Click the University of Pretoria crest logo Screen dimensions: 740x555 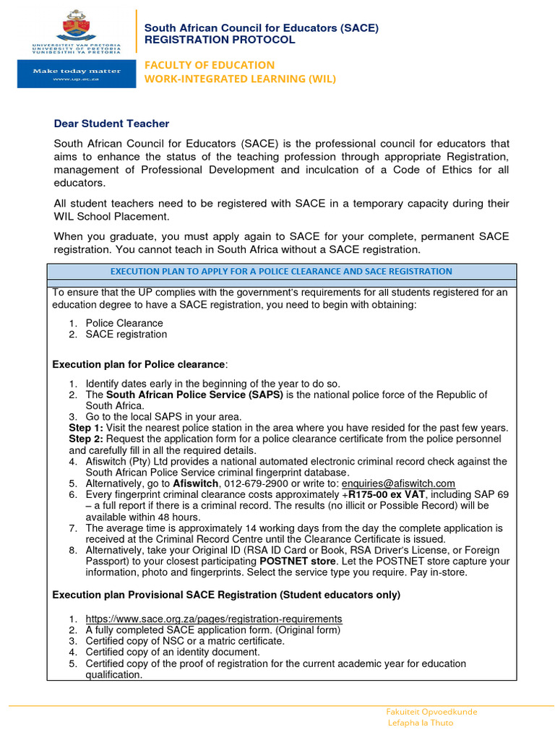(x=76, y=26)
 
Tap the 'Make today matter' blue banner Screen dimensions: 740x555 (x=76, y=74)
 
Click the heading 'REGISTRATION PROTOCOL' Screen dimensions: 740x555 (x=220, y=40)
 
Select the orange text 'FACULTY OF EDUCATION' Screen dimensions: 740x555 (x=210, y=65)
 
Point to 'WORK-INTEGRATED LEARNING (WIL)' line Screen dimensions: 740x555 (x=241, y=79)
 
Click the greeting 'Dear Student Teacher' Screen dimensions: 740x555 (x=111, y=124)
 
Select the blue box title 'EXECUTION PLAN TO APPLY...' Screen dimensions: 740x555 (x=281, y=272)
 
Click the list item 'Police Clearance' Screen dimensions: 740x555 (x=124, y=323)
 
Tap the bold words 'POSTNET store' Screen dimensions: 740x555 (x=298, y=562)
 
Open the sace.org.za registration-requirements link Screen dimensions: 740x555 (x=214, y=619)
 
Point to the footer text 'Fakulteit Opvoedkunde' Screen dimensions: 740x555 (x=432, y=712)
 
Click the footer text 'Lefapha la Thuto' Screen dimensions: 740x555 (x=421, y=723)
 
